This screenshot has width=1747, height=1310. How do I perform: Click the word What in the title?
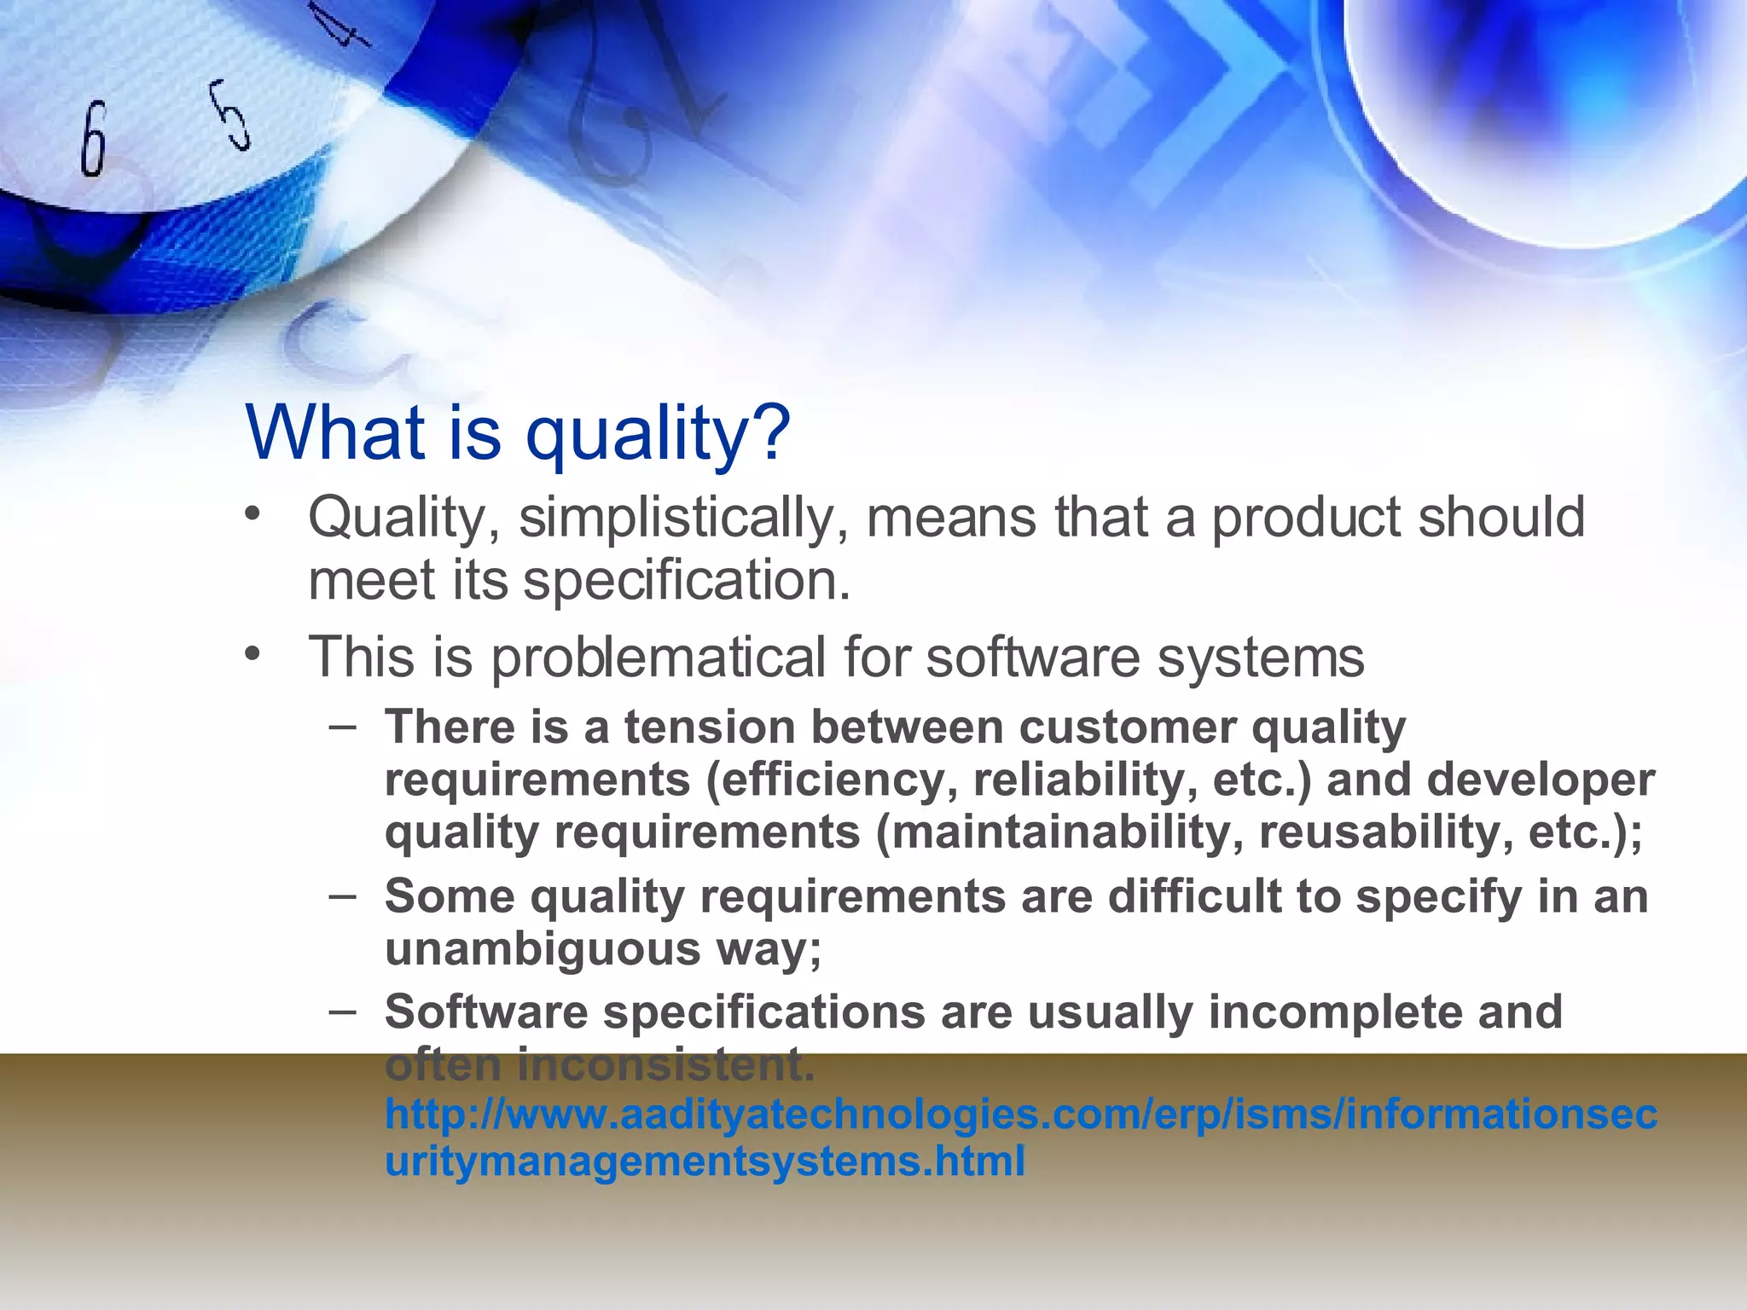(335, 432)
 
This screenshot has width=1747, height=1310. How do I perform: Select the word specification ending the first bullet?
(686, 582)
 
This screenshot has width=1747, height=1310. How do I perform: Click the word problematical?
(658, 658)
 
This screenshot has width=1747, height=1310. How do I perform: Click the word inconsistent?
(665, 1064)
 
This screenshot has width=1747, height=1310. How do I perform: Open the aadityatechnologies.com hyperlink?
(1020, 1116)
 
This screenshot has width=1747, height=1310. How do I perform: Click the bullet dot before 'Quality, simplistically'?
(251, 515)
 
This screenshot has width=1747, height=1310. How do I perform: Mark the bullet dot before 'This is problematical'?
(251, 655)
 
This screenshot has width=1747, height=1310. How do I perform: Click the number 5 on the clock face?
(231, 115)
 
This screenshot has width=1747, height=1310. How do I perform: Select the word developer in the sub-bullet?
(1541, 780)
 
